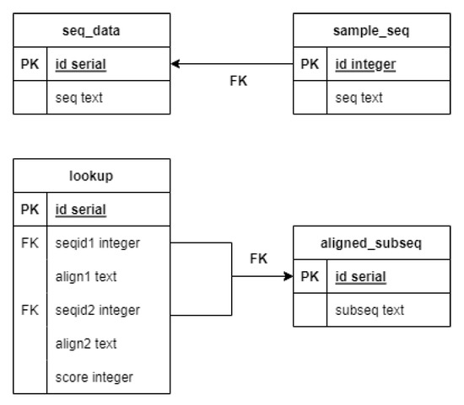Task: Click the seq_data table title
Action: (x=91, y=31)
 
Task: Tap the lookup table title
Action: (x=91, y=176)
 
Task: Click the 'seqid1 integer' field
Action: (x=96, y=243)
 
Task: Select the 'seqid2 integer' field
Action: (x=96, y=310)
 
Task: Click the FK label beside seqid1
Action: (x=30, y=243)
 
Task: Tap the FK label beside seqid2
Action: (x=30, y=310)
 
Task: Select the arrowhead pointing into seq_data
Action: (x=175, y=64)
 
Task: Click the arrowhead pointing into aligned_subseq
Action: (x=288, y=277)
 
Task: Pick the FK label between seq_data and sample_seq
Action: (x=239, y=82)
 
